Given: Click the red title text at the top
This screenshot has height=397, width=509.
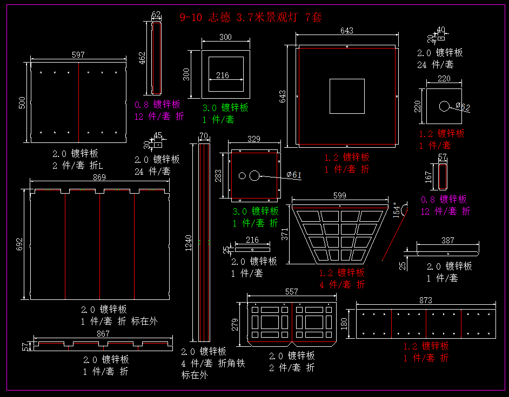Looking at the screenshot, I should [x=250, y=17].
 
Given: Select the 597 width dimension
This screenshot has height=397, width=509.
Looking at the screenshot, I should [x=78, y=54].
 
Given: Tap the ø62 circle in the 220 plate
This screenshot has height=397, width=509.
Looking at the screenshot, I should [x=444, y=106].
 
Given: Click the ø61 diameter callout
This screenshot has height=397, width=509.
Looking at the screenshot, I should [x=294, y=174].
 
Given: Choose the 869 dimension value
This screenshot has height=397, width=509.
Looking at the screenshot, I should [x=99, y=177].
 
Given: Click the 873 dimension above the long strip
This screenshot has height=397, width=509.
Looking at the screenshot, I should [x=426, y=300].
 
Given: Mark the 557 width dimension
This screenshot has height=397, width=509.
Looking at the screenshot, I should [x=292, y=291].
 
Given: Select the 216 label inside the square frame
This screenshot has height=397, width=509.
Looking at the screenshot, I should [x=223, y=76].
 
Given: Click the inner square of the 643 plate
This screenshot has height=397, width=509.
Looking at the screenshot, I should [x=347, y=96].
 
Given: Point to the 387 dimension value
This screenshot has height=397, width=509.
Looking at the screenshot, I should [x=448, y=241].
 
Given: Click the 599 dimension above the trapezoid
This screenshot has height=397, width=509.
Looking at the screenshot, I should [x=340, y=196].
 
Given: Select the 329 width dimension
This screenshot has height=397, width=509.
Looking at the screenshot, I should [x=254, y=139].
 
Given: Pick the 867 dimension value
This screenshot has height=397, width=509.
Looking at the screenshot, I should [x=103, y=334].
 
